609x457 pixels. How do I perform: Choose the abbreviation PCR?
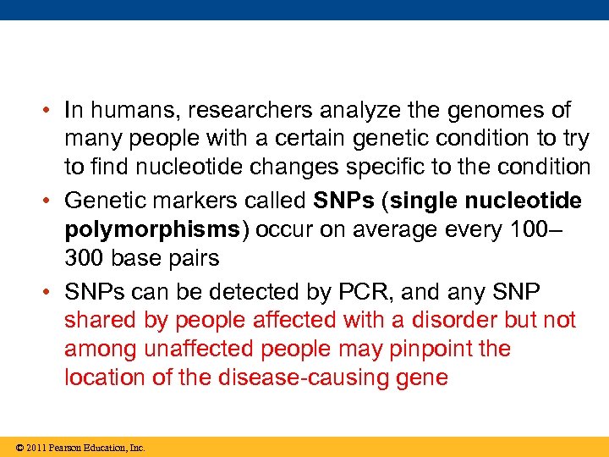[x=362, y=292]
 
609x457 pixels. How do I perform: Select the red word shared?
[x=99, y=321]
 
